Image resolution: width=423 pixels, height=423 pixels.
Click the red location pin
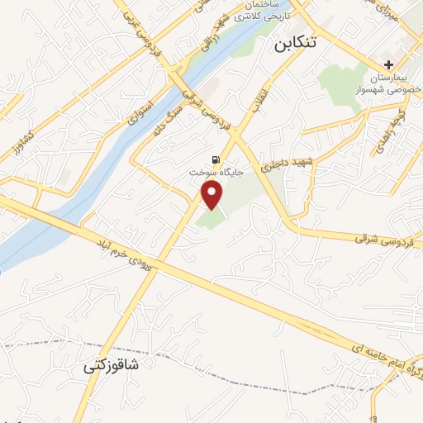pos(213,195)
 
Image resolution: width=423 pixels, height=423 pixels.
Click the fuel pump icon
pos(216,159)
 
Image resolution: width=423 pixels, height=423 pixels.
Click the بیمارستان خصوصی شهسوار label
pos(387,82)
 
